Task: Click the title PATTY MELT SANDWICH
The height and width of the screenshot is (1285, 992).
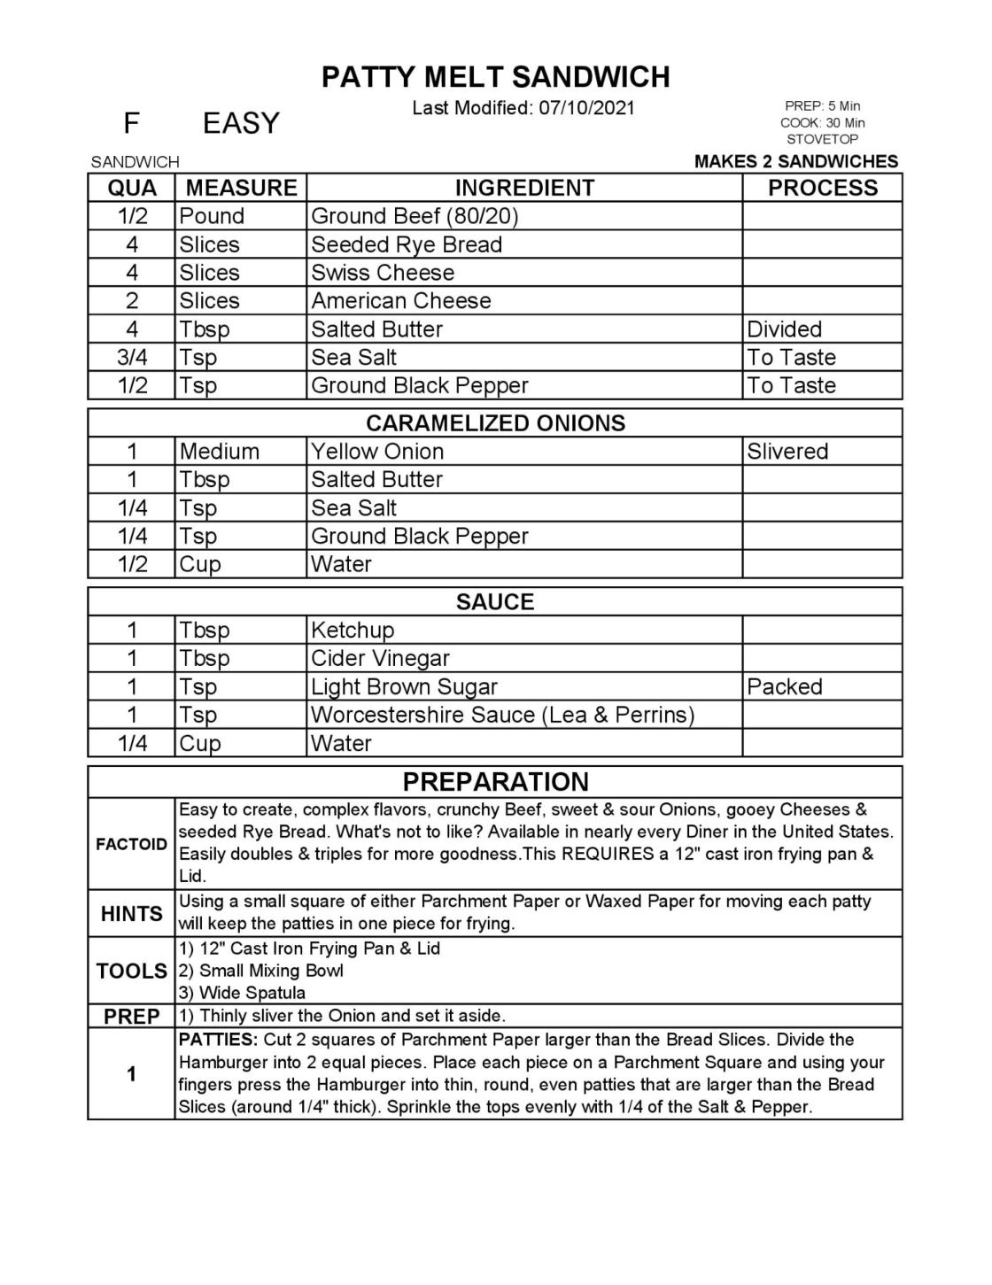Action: [x=495, y=77]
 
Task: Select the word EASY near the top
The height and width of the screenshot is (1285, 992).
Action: [x=241, y=123]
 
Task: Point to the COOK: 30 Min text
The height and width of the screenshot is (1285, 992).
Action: [x=822, y=123]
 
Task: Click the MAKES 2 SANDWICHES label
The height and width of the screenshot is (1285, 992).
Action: [x=795, y=161]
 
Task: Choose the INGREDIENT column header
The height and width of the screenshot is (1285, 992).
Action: [x=524, y=188]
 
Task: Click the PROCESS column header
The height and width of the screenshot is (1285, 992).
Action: [x=822, y=188]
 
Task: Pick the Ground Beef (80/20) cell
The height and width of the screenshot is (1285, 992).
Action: [x=415, y=216]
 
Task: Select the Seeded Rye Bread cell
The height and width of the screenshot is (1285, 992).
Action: [x=407, y=244]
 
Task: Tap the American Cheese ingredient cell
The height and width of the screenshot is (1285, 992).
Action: [x=400, y=301]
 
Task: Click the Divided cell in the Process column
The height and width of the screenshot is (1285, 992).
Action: [x=784, y=329]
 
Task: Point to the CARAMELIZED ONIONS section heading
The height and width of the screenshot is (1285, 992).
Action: [x=495, y=423]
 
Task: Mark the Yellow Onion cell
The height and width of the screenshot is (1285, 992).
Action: [x=377, y=452]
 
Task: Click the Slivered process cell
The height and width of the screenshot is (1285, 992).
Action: [x=787, y=452]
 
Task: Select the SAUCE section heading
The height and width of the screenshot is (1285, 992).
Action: [x=495, y=602]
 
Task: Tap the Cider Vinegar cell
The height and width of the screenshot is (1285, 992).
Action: [x=380, y=659]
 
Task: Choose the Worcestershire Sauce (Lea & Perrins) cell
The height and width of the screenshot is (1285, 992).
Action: [x=502, y=715]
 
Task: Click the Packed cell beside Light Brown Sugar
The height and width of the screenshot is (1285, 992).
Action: [x=784, y=687]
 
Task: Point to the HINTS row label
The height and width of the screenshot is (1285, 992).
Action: [x=131, y=914]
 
